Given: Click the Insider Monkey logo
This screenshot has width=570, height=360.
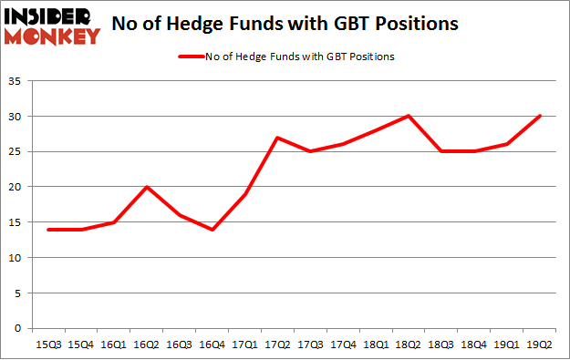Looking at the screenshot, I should click(x=50, y=26).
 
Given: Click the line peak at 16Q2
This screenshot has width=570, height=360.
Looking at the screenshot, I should click(x=147, y=187).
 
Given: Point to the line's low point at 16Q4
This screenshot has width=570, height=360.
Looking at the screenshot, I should click(x=212, y=229).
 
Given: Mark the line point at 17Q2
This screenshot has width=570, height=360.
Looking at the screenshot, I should click(x=277, y=138).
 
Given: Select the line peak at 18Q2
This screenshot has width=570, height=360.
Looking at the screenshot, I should click(x=409, y=117).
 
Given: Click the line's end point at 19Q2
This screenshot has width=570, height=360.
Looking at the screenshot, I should click(x=540, y=117).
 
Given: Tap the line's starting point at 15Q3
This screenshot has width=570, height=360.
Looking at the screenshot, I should click(x=48, y=229).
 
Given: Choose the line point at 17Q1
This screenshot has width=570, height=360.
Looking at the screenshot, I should click(x=245, y=194).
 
